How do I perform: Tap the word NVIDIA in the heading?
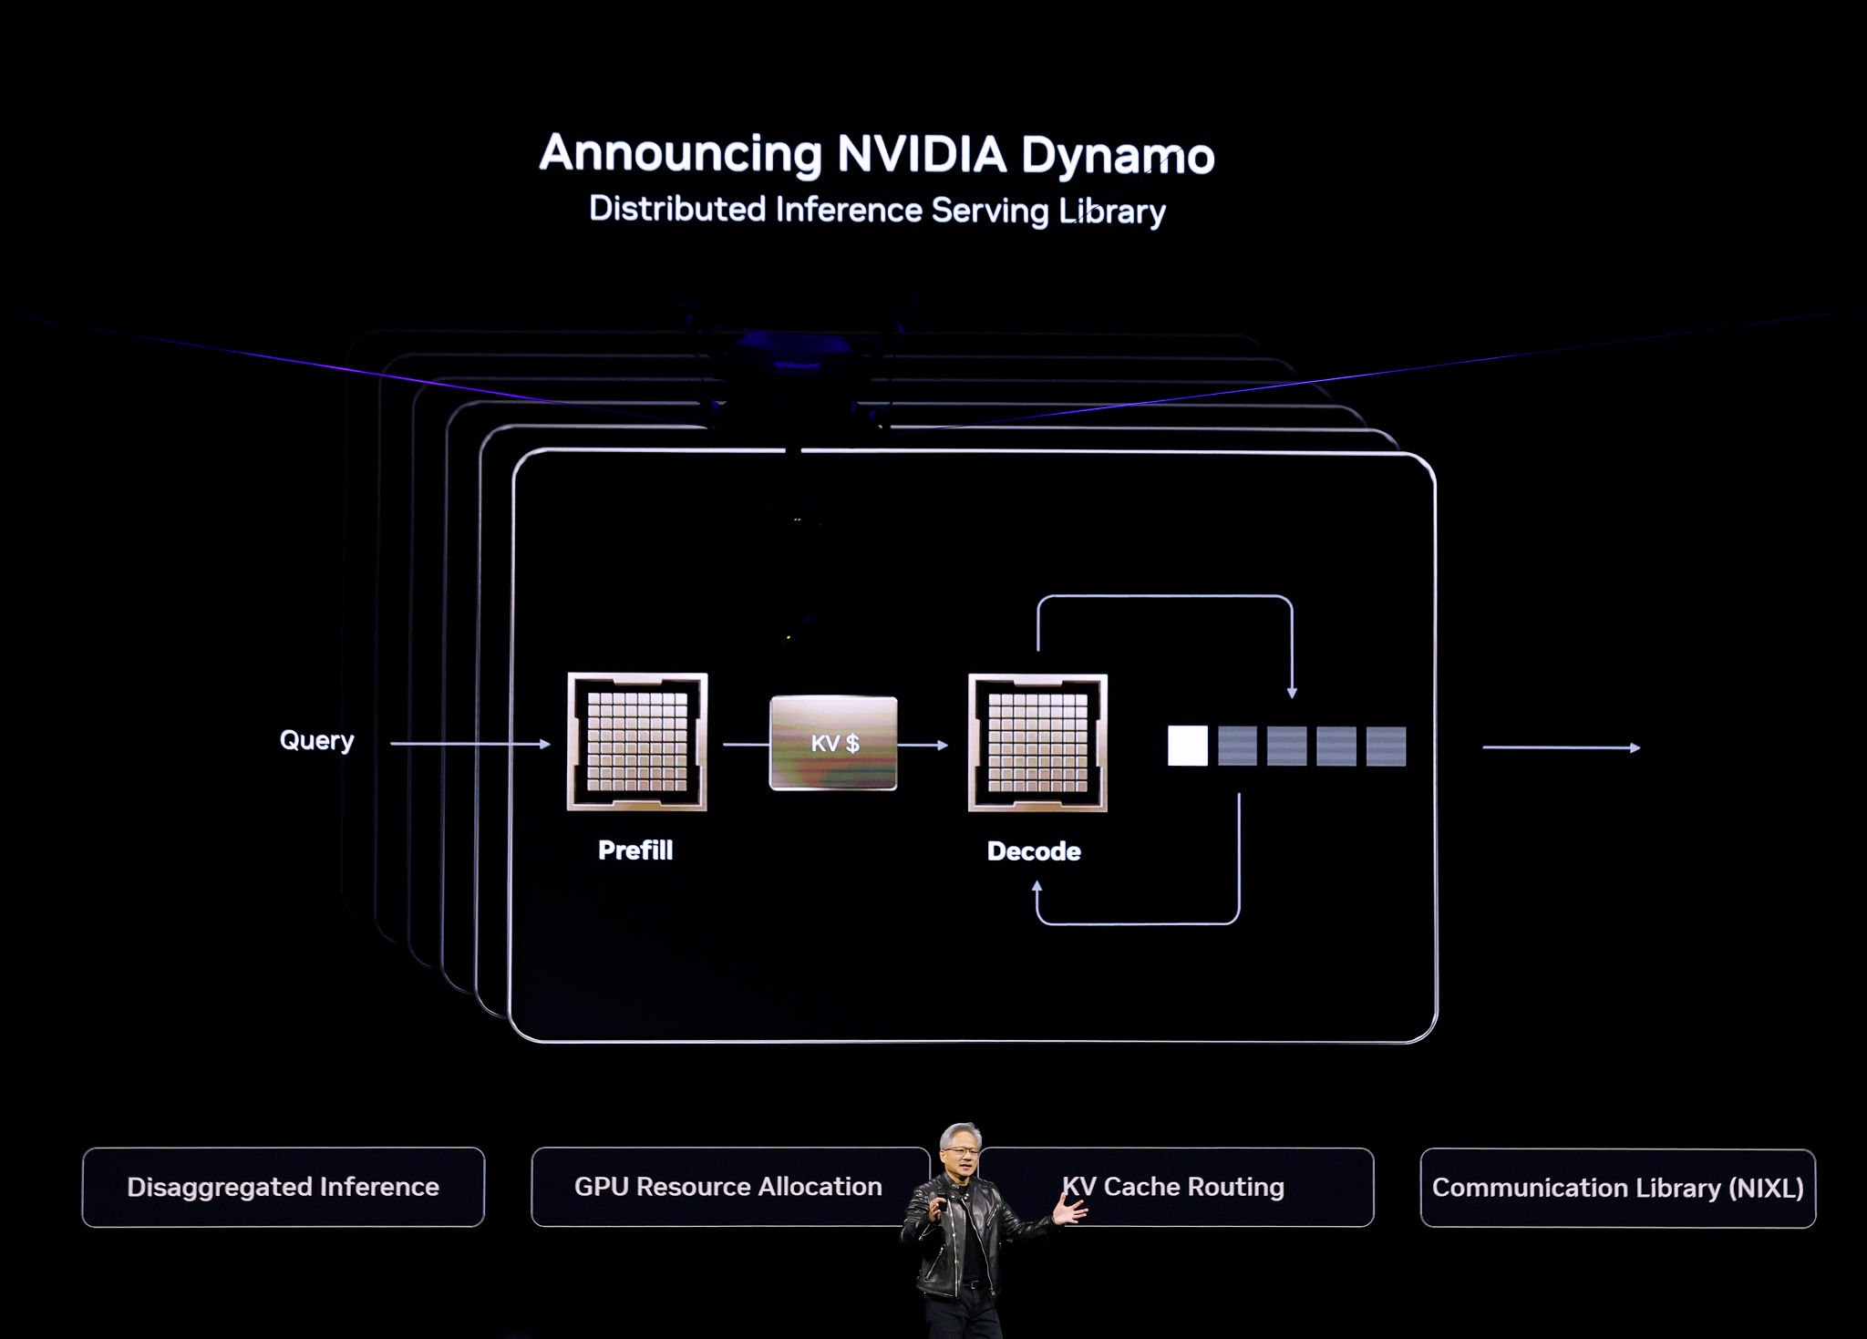pyautogui.click(x=922, y=154)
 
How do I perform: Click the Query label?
pyautogui.click(x=316, y=740)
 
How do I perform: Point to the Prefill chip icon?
pyautogui.click(x=637, y=742)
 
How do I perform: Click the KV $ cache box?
pyautogui.click(x=833, y=743)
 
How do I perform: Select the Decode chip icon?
pyautogui.click(x=1037, y=743)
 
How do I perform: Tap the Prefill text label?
pyautogui.click(x=635, y=850)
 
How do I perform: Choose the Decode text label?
pyautogui.click(x=1034, y=851)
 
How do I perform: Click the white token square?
pyautogui.click(x=1188, y=746)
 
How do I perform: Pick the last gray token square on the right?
pyautogui.click(x=1386, y=747)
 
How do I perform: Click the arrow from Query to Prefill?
pyautogui.click(x=470, y=744)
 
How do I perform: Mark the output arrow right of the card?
pyautogui.click(x=1562, y=747)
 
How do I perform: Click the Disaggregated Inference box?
pyautogui.click(x=284, y=1187)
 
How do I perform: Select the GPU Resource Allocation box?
pyautogui.click(x=730, y=1187)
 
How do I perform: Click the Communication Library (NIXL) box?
pyautogui.click(x=1618, y=1188)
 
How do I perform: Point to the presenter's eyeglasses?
pyautogui.click(x=963, y=1151)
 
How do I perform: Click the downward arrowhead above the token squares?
pyautogui.click(x=1292, y=693)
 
